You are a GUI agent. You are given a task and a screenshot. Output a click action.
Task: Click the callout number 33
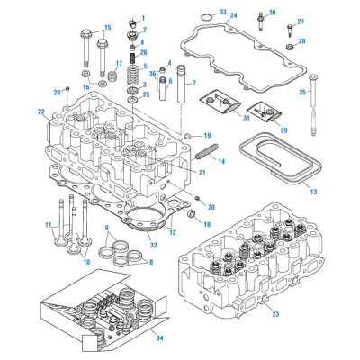(x=223, y=12)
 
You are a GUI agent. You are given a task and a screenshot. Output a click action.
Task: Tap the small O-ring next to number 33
(x=204, y=16)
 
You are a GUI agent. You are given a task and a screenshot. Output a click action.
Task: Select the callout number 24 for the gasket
(x=233, y=15)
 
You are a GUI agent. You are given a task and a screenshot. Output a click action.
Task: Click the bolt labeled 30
(x=261, y=21)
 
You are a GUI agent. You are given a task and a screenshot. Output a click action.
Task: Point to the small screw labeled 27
(x=290, y=31)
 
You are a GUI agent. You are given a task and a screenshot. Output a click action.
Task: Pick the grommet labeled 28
(x=290, y=47)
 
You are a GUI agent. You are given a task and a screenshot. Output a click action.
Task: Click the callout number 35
(x=302, y=92)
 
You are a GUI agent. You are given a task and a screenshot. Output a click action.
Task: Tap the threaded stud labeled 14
(x=207, y=152)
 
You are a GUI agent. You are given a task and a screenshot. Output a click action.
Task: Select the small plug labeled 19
(x=187, y=136)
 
